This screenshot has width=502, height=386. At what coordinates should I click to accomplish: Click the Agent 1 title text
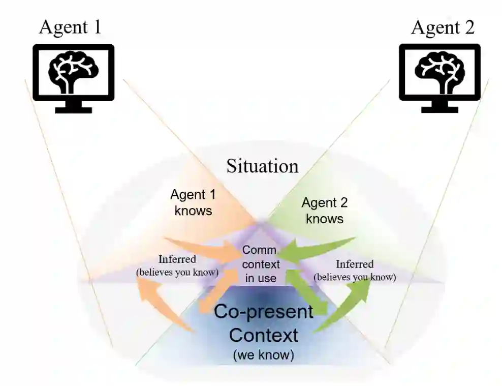pyautogui.click(x=71, y=26)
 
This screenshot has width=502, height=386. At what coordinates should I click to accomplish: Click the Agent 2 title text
pyautogui.click(x=443, y=26)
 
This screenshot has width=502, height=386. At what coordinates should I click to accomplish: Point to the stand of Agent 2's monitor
pyautogui.click(x=440, y=106)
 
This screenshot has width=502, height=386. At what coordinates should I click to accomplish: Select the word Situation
pyautogui.click(x=262, y=166)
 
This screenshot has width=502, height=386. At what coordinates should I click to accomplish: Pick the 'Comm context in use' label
pyautogui.click(x=260, y=264)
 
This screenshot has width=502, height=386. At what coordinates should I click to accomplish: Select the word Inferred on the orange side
pyautogui.click(x=177, y=259)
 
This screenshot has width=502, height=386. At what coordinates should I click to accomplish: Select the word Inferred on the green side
pyautogui.click(x=355, y=264)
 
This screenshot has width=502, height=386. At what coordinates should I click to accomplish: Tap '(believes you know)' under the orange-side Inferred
pyautogui.click(x=177, y=272)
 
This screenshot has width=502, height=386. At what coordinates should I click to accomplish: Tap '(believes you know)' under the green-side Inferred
pyautogui.click(x=355, y=277)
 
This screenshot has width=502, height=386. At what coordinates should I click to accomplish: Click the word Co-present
pyautogui.click(x=264, y=311)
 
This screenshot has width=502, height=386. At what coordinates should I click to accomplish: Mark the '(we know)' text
pyautogui.click(x=263, y=355)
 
